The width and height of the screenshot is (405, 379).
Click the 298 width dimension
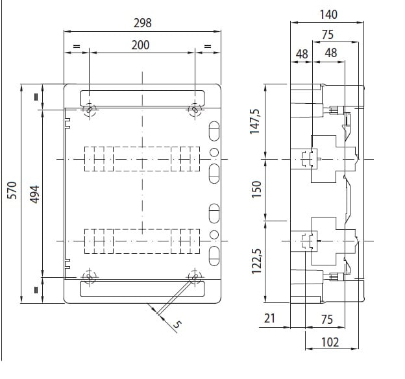pos(142,23)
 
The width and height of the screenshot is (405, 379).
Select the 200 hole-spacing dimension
pos(140,45)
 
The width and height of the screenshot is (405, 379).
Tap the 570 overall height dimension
pos(12,190)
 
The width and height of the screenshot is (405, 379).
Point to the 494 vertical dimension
pos(34,194)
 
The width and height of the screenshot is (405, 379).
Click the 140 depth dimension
pos(328,14)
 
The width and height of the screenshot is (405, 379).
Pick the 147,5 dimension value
pos(254,121)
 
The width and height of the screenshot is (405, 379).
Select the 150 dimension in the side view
pos(256,189)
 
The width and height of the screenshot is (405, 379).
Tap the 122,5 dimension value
pos(256,261)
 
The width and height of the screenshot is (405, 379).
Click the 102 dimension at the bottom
pos(330,342)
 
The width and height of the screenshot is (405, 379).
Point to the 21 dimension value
pos(269,318)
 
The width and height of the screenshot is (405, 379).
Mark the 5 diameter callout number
pos(177,324)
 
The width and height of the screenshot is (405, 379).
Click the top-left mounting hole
pos(89,110)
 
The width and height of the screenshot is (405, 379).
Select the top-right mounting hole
pos(195,110)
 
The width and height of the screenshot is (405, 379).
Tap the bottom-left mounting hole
pos(89,277)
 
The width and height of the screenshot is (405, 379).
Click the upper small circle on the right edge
pos(214,153)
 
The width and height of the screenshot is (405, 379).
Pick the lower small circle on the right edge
pos(214,234)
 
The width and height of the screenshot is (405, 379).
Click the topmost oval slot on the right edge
pos(214,131)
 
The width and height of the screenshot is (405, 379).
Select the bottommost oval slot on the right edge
pos(214,256)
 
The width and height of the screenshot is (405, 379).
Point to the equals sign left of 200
pos(77,47)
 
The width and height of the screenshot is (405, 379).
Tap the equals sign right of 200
pos(208,47)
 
